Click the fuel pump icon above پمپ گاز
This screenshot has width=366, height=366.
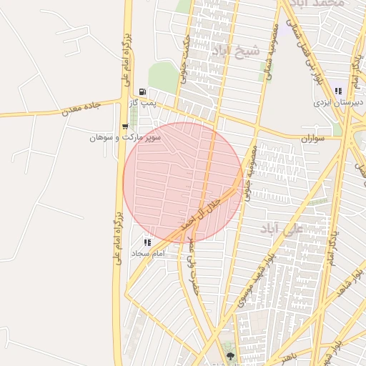point(144,91)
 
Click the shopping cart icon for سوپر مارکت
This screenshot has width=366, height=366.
point(125,126)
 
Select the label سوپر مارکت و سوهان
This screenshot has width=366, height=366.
point(125,137)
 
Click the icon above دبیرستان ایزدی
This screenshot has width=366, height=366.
point(338,91)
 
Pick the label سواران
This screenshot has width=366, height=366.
point(312,137)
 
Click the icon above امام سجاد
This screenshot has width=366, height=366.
point(148,242)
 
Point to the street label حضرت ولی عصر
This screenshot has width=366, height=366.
point(192,264)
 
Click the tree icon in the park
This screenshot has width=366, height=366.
point(230,355)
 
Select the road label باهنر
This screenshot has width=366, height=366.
point(287,355)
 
